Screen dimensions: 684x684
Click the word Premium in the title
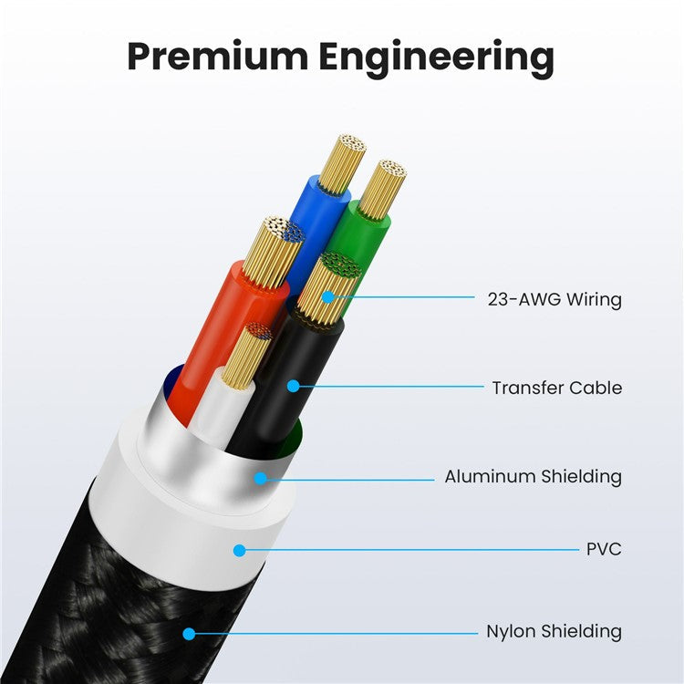tap(217, 57)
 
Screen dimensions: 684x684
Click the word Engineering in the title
tap(437, 60)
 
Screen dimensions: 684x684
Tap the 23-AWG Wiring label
tap(554, 300)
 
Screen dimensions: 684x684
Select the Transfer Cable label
tap(557, 388)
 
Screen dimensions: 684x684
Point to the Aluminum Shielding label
tap(534, 476)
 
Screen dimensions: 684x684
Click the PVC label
tap(604, 549)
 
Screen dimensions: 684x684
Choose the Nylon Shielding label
tap(554, 632)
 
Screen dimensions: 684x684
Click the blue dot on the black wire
tap(294, 386)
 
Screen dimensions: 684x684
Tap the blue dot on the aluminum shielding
tap(261, 479)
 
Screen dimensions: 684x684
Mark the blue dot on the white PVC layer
tap(239, 551)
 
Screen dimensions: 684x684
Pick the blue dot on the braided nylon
tap(189, 634)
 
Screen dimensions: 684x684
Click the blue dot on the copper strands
tap(328, 297)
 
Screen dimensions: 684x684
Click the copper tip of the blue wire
tap(343, 163)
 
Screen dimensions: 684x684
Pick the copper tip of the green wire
tap(382, 189)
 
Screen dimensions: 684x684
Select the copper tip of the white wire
tap(246, 356)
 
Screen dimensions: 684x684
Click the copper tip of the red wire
tap(274, 252)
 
